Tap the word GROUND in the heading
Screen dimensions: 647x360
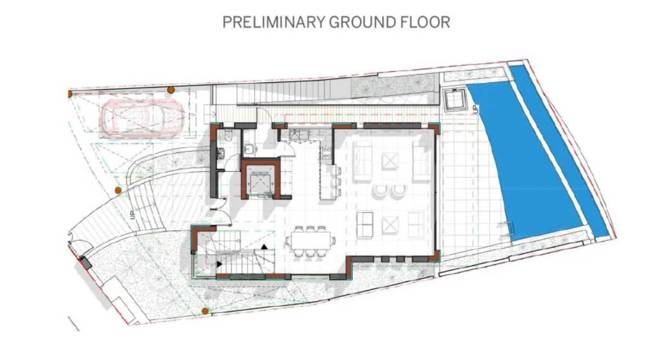(363, 22)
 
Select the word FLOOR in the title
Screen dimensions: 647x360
(425, 22)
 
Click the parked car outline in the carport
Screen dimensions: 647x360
(141, 118)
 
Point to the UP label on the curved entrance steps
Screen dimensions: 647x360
(133, 215)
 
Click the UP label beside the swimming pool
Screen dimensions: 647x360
(474, 109)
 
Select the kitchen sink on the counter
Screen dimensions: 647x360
(299, 135)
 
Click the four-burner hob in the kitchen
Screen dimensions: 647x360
(326, 153)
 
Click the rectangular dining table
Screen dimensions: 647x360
(310, 240)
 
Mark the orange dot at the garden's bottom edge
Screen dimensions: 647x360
(205, 311)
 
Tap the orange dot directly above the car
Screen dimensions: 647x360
(171, 90)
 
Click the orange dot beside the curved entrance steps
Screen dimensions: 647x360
(118, 190)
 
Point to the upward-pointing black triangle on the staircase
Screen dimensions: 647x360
(264, 246)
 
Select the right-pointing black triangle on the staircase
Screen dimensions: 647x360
(219, 264)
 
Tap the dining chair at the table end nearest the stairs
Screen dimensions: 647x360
(288, 240)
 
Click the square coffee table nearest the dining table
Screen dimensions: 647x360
(390, 225)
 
